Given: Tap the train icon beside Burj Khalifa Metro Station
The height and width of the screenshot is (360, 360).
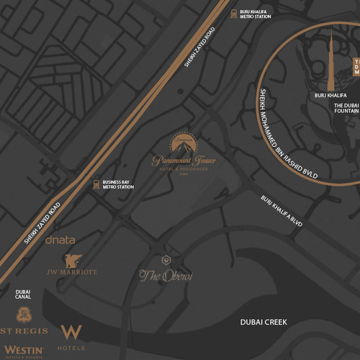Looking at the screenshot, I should [233, 13].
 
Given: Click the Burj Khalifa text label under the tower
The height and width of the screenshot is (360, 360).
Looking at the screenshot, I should [331, 94].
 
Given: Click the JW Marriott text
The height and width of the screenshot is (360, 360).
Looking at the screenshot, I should [72, 274].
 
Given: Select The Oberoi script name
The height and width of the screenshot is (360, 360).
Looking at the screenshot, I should [166, 274].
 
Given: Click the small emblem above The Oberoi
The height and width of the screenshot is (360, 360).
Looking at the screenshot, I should [166, 259].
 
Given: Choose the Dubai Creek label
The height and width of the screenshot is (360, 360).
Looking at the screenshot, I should [264, 322].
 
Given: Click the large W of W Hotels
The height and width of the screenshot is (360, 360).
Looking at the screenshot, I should [71, 332].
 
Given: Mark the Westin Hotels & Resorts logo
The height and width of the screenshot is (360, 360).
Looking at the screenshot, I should [24, 351].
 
